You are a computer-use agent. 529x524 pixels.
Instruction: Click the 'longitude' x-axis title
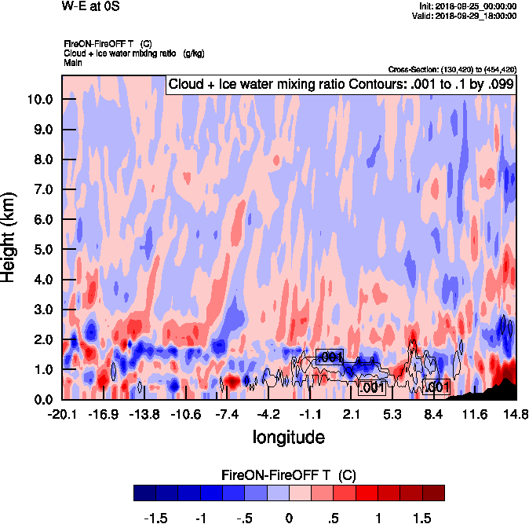coord(288,436)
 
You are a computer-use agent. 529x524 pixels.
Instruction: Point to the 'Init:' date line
coord(469,6)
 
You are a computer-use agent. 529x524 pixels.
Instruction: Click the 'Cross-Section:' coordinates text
coord(452,69)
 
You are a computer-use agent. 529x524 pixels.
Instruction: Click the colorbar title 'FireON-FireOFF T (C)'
coord(289,476)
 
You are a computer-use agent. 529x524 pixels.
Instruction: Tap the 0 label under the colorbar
coord(289,518)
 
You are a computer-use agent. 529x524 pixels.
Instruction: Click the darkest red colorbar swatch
coord(432,493)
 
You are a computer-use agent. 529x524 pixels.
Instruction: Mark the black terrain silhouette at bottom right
coord(497,390)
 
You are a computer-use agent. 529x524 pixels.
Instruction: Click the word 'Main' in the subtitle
coord(73,61)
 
